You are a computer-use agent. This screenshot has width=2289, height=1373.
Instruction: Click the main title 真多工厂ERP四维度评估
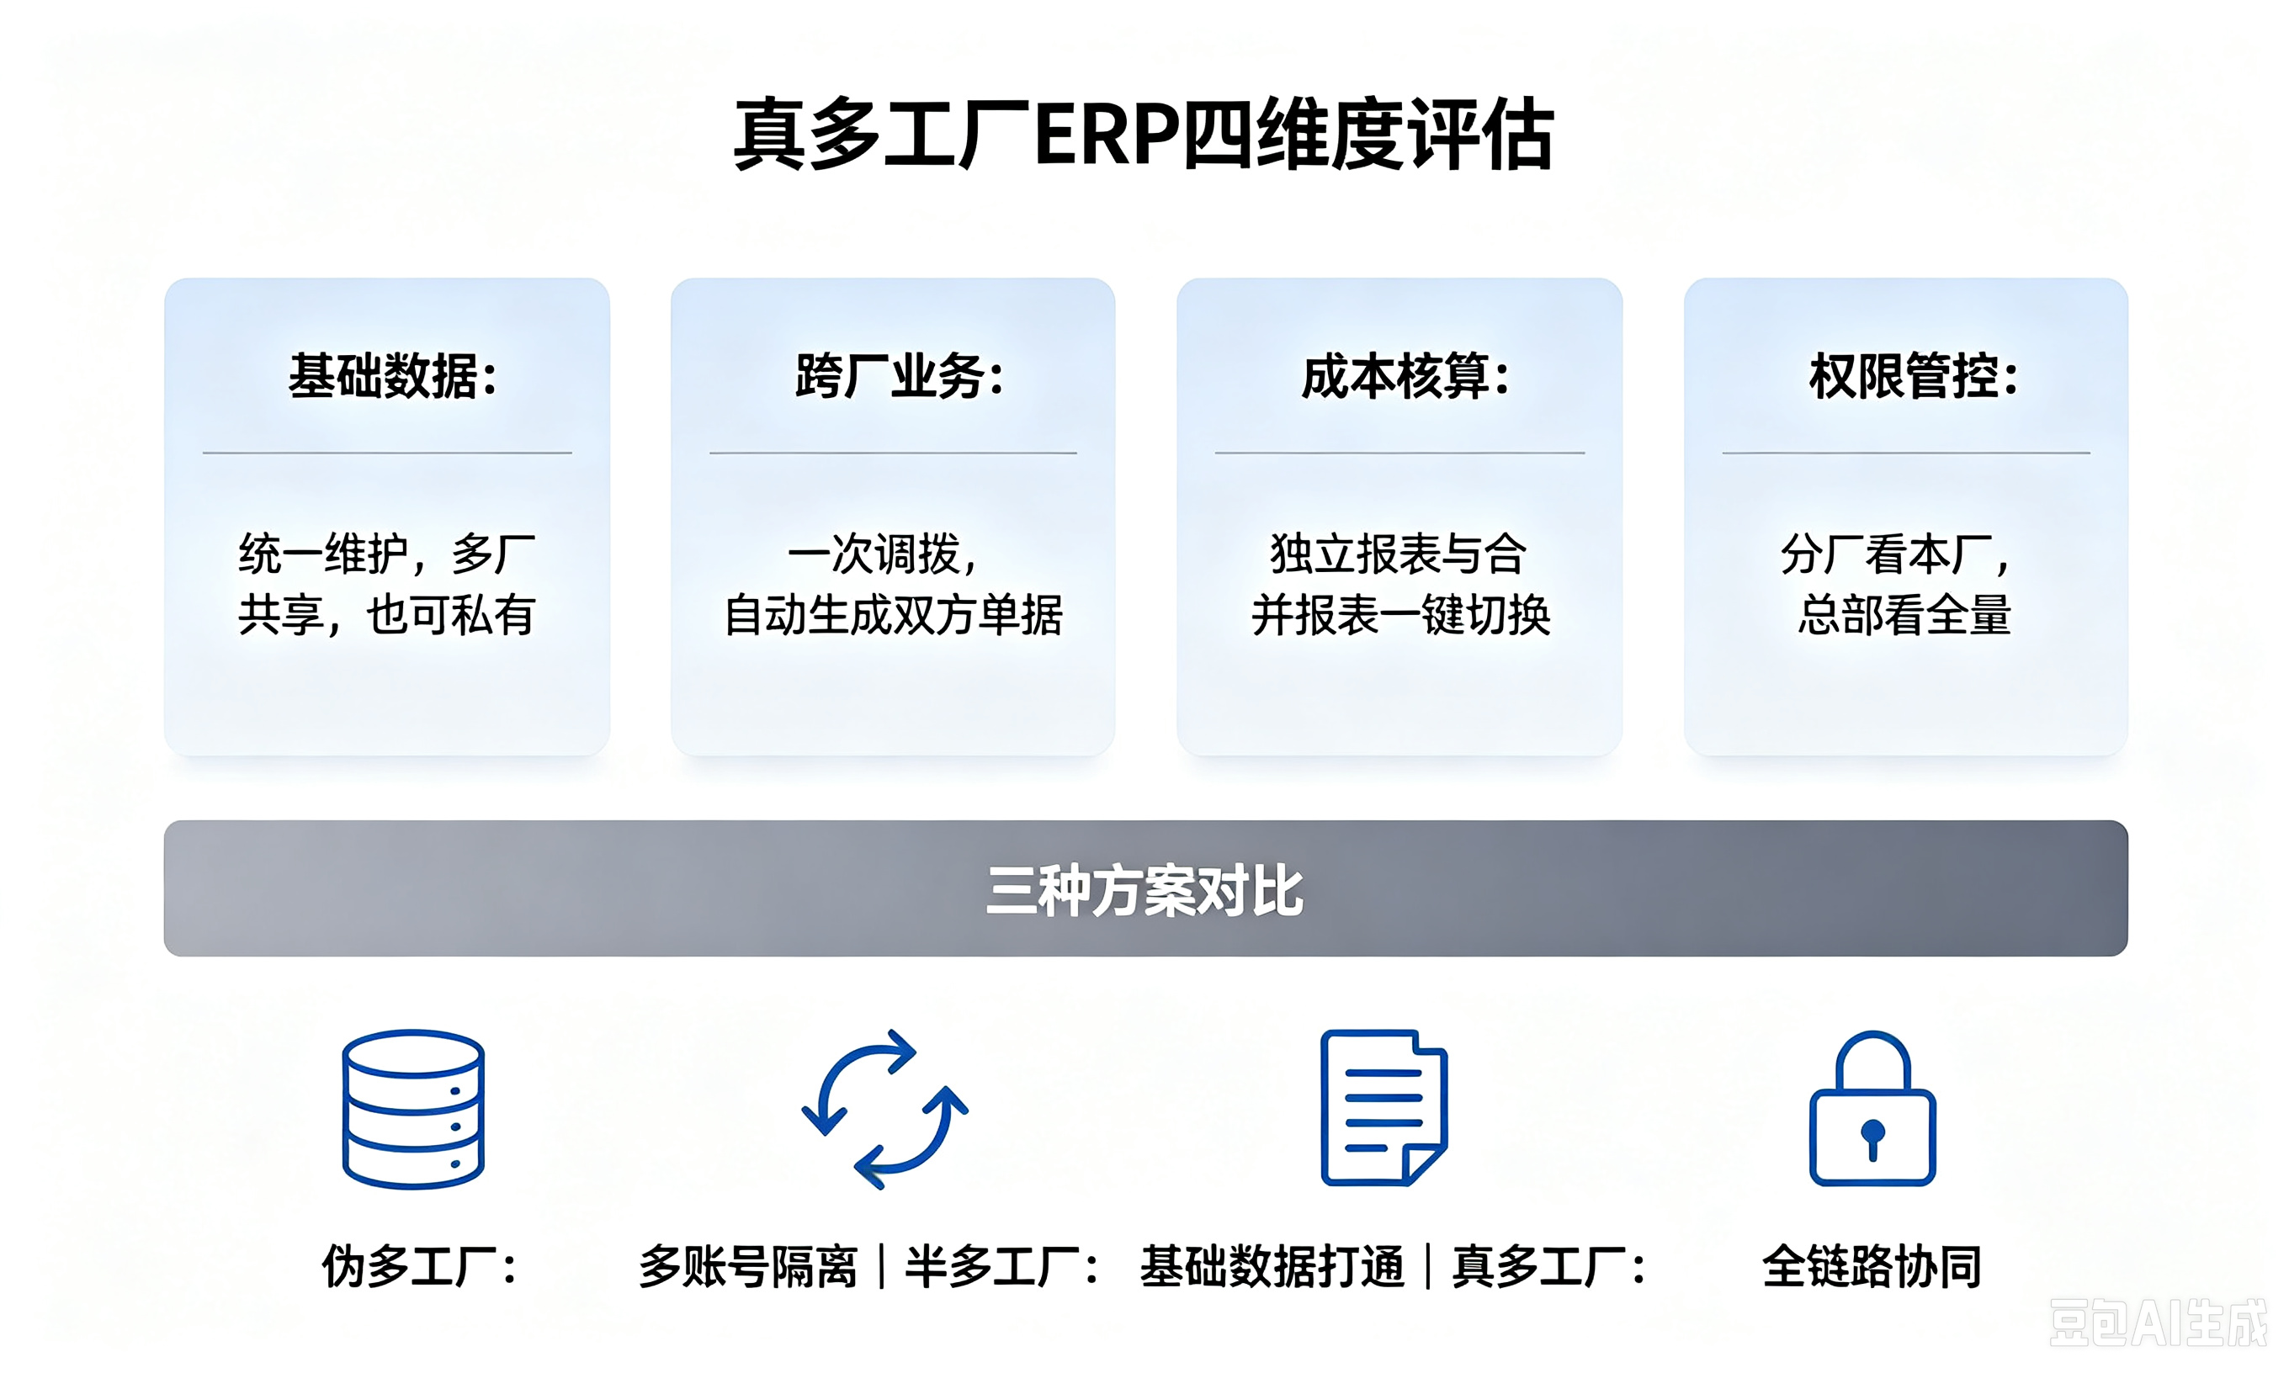point(1144,135)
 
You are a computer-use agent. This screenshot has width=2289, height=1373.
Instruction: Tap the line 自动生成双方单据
point(893,614)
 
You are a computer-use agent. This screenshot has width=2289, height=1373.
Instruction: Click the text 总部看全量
point(1905,614)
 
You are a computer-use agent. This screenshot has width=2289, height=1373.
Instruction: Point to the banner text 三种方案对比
point(1144,890)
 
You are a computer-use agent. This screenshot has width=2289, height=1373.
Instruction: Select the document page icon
point(1383,1107)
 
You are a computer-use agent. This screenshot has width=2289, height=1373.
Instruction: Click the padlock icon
point(1872,1107)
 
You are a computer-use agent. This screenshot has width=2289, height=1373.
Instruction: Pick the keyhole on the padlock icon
point(1872,1138)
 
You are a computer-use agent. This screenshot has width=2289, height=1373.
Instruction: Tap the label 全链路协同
point(1872,1264)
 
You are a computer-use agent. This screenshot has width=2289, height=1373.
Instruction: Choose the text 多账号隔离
point(747,1264)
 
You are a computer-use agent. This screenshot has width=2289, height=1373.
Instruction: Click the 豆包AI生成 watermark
point(2158,1323)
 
